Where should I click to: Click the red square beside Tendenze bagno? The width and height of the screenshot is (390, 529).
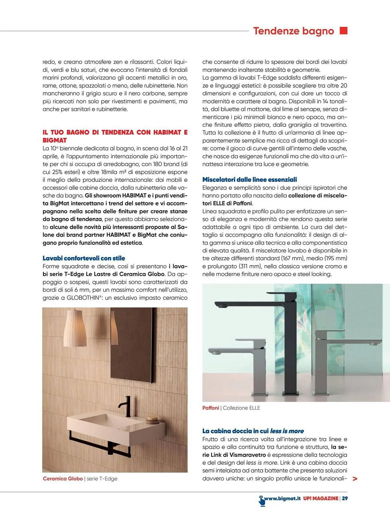pos(343,31)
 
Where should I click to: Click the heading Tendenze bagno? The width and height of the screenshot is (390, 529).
pos(293,31)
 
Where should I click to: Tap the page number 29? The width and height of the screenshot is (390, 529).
pos(345,498)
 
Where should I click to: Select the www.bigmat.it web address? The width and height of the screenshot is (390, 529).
pos(282,498)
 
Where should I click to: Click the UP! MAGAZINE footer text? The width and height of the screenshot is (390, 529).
pos(321,498)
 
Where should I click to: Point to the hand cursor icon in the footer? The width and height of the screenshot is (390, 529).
pos(262,500)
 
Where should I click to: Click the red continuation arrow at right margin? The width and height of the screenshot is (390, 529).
pos(355,478)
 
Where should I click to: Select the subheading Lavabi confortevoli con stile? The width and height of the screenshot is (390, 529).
pos(84,258)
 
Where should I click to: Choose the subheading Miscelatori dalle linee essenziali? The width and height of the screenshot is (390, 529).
pos(250,180)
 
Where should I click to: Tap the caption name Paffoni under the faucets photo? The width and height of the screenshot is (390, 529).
pos(211,408)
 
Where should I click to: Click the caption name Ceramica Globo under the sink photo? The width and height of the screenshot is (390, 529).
pos(63,478)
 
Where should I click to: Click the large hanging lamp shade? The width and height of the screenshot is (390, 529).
pos(75,329)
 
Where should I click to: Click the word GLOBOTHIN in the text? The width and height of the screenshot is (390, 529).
pos(83,298)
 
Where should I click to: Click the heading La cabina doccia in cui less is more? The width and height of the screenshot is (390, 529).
pos(253,431)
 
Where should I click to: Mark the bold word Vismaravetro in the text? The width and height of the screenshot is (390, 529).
pos(248,455)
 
